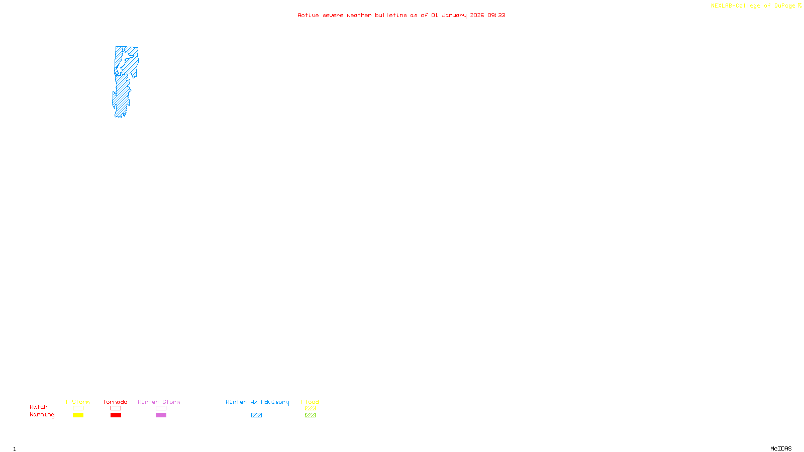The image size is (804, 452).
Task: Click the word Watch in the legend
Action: tap(39, 407)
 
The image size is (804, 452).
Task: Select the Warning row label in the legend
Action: tap(42, 415)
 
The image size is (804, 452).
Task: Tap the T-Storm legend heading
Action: tap(77, 402)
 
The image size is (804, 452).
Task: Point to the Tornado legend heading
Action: tap(115, 402)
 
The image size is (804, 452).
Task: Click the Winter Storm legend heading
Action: tap(159, 402)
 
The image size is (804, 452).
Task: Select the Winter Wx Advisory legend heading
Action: tap(257, 402)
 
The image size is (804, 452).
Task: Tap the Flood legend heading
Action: tap(310, 402)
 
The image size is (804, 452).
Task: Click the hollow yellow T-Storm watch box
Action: tap(78, 408)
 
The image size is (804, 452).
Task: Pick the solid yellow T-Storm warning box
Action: tap(78, 415)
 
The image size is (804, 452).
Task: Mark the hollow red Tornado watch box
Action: tap(116, 408)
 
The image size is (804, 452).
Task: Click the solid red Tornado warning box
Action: tap(116, 415)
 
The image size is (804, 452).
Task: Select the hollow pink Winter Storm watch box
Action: tap(161, 408)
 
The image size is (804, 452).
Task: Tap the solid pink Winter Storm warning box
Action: tap(161, 415)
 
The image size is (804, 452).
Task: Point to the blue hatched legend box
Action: tap(256, 415)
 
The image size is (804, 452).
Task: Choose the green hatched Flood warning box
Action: tap(310, 415)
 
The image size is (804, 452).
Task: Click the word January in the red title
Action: tap(454, 16)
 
